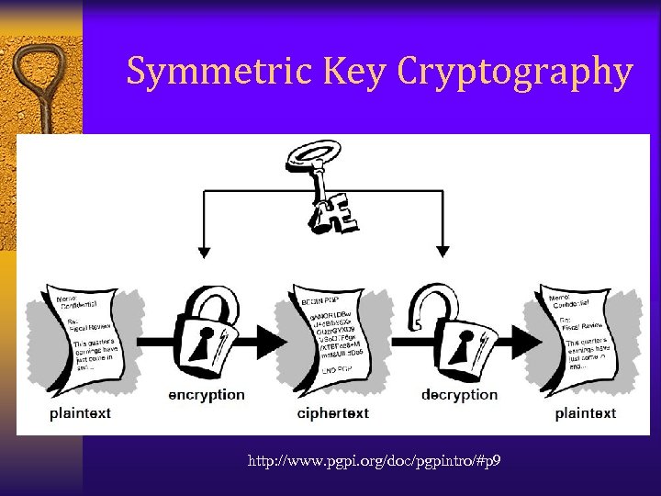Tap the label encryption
tap(207, 395)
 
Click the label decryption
tap(459, 395)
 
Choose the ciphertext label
tap(333, 413)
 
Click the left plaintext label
tap(81, 413)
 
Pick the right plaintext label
tap(586, 413)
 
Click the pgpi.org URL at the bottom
tap(374, 460)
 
